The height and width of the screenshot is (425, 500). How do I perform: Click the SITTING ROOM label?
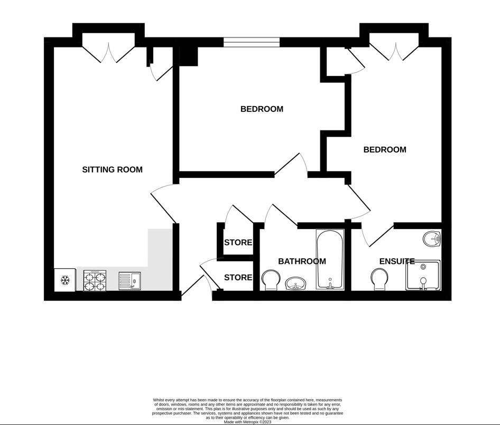[112, 169]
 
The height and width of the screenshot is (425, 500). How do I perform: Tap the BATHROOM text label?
[302, 261]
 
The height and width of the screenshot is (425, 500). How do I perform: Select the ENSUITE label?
[396, 261]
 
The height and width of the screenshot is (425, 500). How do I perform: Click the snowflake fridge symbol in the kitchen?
[66, 280]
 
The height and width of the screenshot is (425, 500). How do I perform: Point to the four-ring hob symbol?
[95, 280]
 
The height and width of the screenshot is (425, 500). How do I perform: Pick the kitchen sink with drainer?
[129, 280]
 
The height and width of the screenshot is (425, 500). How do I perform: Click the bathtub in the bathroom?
[330, 259]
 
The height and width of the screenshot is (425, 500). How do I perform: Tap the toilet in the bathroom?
[271, 280]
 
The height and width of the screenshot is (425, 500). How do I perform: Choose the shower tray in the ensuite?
[423, 275]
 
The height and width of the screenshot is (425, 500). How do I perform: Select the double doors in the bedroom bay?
[394, 51]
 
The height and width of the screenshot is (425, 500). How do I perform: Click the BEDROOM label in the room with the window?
[262, 109]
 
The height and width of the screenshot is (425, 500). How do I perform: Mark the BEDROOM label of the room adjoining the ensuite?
[385, 150]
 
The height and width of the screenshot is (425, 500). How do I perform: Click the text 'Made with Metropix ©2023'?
[247, 422]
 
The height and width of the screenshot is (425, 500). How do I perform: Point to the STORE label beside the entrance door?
[238, 278]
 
